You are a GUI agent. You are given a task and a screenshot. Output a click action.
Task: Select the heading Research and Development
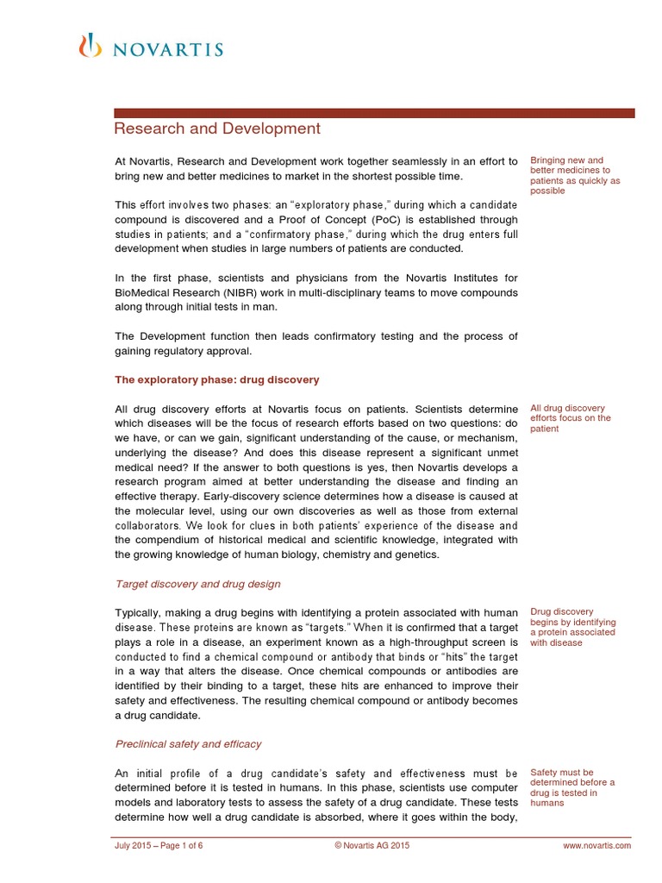tap(217, 129)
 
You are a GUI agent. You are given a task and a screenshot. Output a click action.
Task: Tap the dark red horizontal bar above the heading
tap(375, 113)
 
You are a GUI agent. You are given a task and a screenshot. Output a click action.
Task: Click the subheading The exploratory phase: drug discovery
tap(217, 379)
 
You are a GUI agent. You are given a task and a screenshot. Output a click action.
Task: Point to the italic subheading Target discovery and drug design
tap(197, 584)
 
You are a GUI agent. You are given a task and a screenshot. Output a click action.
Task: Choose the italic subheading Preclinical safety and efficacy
tap(188, 743)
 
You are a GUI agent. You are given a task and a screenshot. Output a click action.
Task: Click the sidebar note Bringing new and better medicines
tap(574, 175)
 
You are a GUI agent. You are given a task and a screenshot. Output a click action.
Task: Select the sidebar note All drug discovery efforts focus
tap(571, 418)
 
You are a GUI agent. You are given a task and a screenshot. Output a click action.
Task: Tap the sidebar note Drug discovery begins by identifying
tap(572, 627)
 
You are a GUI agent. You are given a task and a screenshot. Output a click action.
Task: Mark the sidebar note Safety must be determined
tap(572, 787)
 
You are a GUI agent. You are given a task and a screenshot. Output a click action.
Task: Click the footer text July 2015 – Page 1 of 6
tap(159, 846)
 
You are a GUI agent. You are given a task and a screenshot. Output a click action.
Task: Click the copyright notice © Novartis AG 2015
tap(372, 846)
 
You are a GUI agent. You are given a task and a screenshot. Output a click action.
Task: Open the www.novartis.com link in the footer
tap(596, 846)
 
